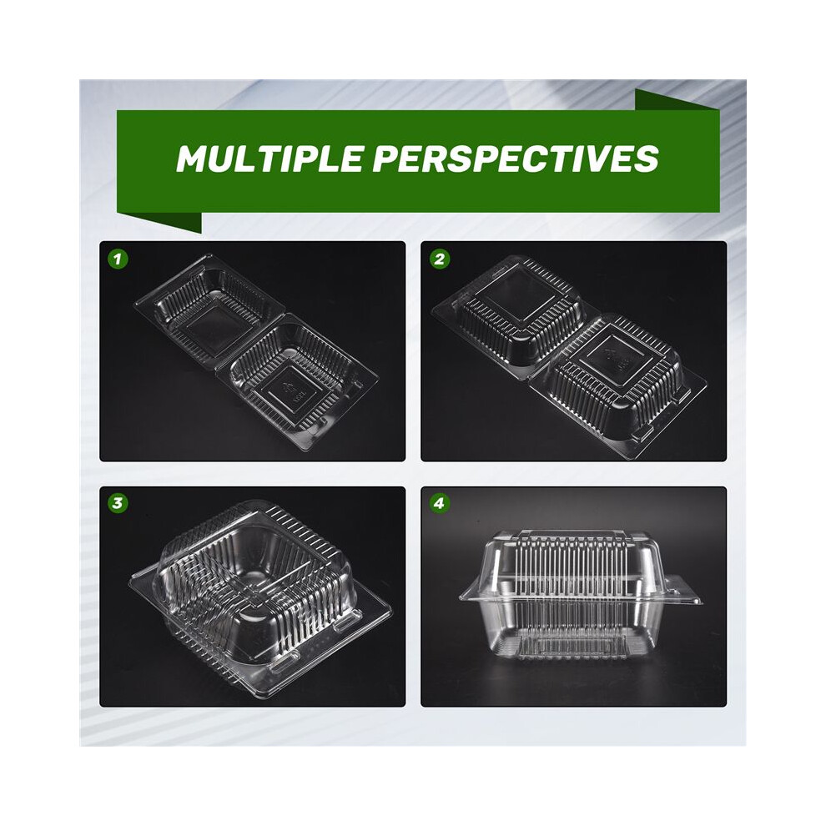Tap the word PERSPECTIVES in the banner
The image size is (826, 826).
516,158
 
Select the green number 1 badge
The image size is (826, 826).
118,259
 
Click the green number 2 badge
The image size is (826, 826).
440,259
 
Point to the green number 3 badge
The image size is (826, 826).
118,503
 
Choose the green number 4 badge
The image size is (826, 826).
440,503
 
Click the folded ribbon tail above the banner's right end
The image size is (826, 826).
677,100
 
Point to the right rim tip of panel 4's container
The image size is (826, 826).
698,600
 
